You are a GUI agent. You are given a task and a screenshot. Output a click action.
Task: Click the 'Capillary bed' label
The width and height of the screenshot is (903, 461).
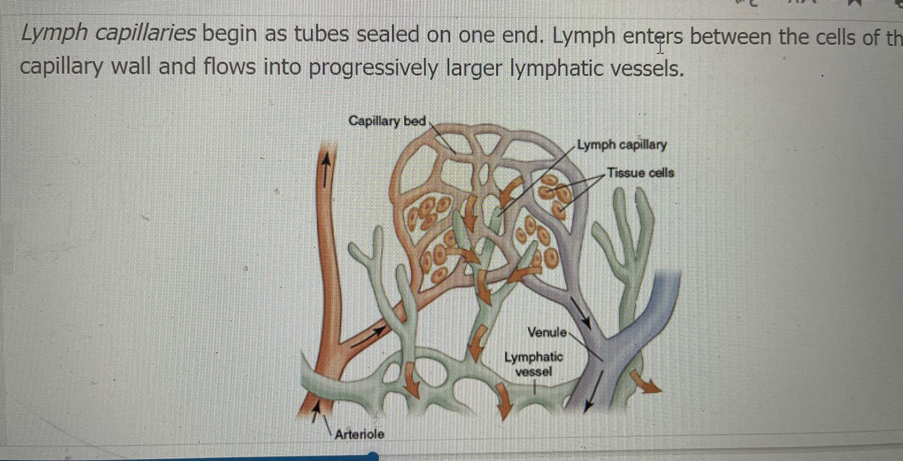coord(387,121)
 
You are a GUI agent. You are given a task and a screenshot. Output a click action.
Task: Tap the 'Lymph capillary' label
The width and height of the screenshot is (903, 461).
coord(622,144)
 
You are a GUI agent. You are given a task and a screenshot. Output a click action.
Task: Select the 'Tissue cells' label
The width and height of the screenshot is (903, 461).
coord(640,173)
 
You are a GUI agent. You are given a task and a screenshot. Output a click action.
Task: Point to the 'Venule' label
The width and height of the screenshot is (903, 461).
coord(546,332)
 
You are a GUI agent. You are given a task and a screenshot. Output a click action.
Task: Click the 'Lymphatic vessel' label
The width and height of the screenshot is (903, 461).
coord(533,364)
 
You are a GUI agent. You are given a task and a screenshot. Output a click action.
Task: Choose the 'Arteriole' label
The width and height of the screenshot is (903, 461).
coord(359,434)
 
